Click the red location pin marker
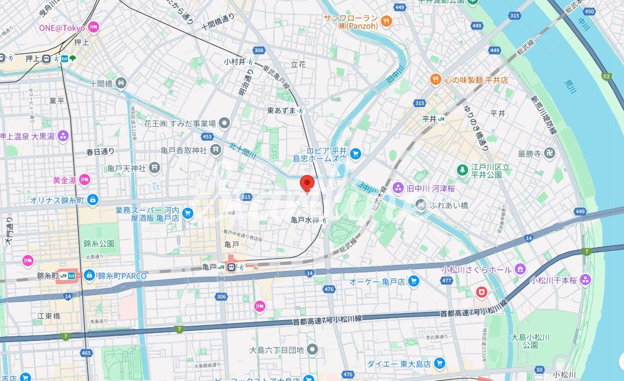coord(307,184)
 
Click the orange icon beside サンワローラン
coord(387,21)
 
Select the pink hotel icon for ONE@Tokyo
coord(93,27)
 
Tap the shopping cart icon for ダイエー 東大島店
coord(439,363)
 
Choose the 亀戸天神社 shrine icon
coord(155,167)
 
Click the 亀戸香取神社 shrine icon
coord(217,150)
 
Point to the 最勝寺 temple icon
coord(549,152)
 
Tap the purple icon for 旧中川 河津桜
coord(398,188)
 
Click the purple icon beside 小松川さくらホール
coord(520,269)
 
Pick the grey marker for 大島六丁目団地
coord(313,350)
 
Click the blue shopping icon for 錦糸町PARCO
coord(89,275)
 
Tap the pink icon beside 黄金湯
coord(85,180)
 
